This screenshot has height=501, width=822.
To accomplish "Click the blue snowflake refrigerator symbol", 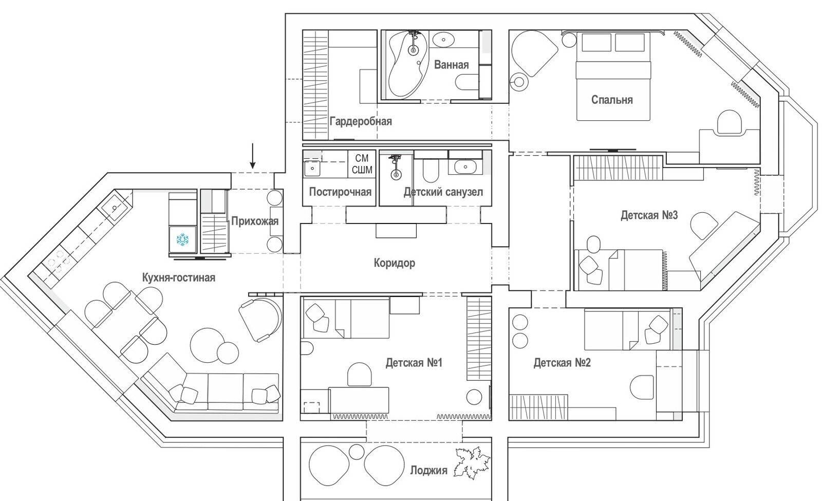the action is (x=182, y=239).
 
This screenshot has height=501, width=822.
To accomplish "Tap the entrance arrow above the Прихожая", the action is (x=252, y=156).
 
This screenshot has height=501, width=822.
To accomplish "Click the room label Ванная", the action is (x=452, y=65).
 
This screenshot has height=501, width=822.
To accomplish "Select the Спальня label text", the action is (x=612, y=100).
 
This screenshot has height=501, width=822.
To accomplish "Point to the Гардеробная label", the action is (x=361, y=121).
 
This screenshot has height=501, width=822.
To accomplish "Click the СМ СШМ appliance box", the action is (x=362, y=164).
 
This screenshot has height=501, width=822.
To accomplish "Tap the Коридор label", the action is (x=395, y=263).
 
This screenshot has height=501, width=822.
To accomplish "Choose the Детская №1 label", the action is (x=414, y=363).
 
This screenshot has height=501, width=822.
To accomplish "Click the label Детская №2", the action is (x=562, y=363).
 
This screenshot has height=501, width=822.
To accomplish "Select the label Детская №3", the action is (x=649, y=215).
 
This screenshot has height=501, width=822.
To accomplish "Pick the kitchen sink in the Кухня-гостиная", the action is (x=115, y=208).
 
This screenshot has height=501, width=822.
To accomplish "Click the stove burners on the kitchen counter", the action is (x=57, y=262).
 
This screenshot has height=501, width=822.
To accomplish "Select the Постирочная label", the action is (x=340, y=192).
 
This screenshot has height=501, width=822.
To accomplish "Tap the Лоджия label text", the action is (x=428, y=470).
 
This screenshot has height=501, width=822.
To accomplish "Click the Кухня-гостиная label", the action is (x=179, y=277).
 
